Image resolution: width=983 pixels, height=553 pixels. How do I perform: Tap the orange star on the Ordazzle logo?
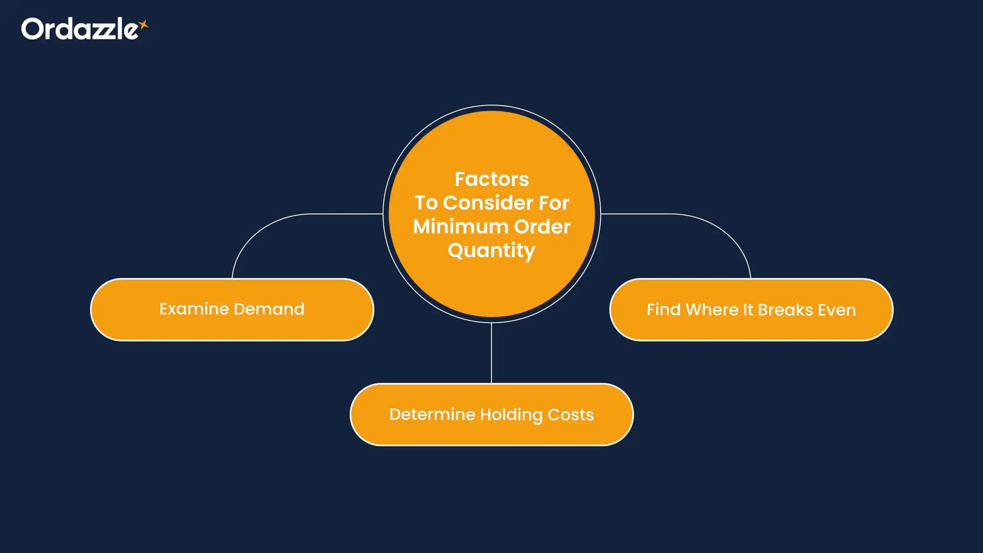tap(144, 25)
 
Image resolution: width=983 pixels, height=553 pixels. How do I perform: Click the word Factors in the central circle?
tap(491, 179)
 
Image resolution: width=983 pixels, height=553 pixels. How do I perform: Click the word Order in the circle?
tap(542, 227)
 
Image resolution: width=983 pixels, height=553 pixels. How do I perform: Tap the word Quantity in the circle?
tap(491, 251)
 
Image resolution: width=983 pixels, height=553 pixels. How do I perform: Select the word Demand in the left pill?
tap(269, 309)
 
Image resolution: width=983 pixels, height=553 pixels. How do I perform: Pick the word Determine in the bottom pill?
tap(432, 415)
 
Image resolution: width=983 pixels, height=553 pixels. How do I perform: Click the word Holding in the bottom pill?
tap(511, 415)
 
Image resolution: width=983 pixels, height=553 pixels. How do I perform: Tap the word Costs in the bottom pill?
tap(571, 415)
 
